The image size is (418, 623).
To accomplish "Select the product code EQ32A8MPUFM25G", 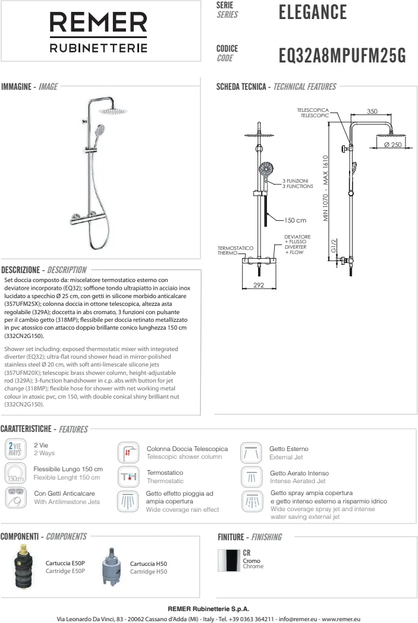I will [342, 56].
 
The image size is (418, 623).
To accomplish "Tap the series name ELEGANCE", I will [312, 12].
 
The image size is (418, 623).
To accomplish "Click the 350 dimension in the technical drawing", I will [372, 111].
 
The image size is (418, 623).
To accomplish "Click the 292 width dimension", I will [259, 286].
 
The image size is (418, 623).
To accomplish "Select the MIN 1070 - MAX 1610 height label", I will [326, 189].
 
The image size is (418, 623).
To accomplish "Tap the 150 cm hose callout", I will [296, 220].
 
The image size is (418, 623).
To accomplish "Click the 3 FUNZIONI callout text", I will [296, 180].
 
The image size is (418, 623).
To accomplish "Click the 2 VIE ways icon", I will [14, 449].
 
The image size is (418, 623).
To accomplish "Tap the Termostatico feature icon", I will [128, 477].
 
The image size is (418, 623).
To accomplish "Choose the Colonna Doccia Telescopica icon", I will [128, 452].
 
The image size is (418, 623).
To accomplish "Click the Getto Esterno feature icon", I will [250, 452].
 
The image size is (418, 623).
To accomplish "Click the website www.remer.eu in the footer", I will [338, 619].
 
